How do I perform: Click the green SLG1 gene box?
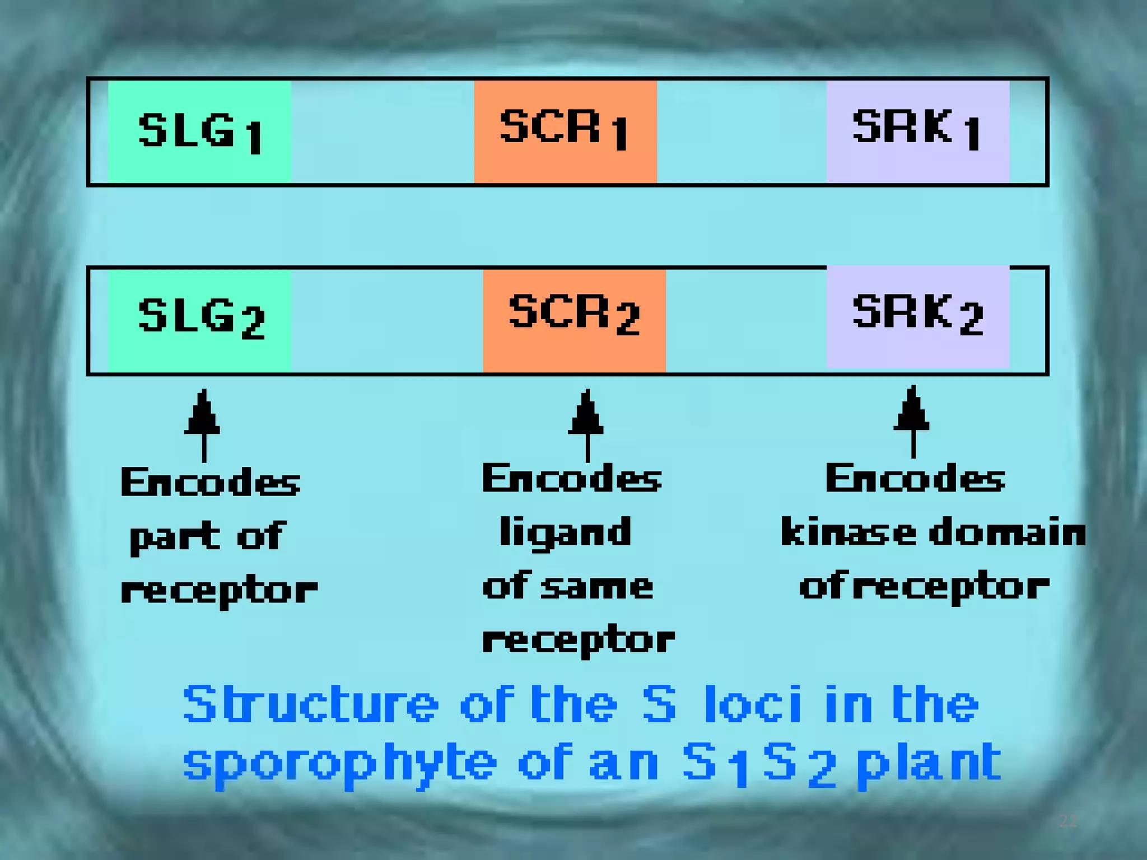(199, 131)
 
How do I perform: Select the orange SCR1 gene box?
(565, 131)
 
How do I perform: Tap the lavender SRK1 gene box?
(917, 131)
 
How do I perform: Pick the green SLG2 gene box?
(199, 319)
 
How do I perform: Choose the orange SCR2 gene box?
(574, 319)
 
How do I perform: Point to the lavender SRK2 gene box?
(917, 317)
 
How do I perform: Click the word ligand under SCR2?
(565, 532)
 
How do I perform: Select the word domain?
(1007, 532)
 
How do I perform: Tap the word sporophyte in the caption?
(339, 764)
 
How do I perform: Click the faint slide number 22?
(1067, 821)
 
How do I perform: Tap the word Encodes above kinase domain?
(915, 479)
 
